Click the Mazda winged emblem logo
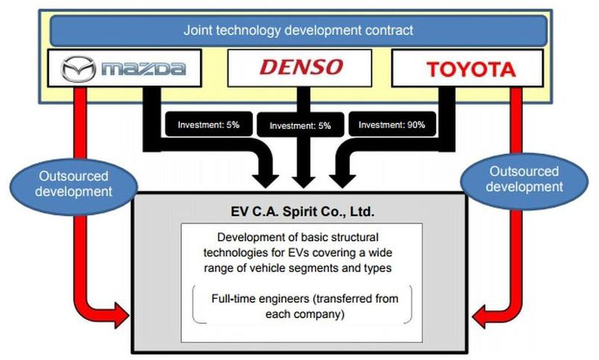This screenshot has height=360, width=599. (x=78, y=69)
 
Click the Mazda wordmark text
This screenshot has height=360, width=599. (x=144, y=69)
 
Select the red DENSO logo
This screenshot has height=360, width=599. (x=301, y=67)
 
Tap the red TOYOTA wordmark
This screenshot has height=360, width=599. (x=471, y=69)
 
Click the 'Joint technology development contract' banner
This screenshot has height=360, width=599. (x=298, y=30)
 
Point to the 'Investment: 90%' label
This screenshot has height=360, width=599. (x=392, y=124)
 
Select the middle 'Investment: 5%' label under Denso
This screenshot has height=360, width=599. (x=301, y=125)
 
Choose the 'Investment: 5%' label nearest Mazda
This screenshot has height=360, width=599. (x=209, y=124)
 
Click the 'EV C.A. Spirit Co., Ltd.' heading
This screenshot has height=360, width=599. (x=303, y=211)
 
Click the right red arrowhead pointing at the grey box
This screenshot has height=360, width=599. (x=481, y=316)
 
